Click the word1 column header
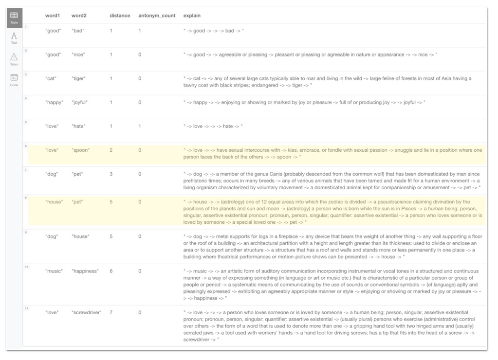52,16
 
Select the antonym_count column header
153,16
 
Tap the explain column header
192,16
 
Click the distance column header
120,16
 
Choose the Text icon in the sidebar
14,37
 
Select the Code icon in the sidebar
14,78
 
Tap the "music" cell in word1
54,271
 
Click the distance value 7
111,312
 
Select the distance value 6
111,271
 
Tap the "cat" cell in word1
51,79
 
